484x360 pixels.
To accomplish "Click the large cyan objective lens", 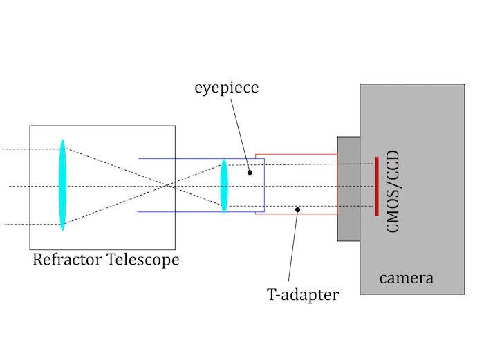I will coord(62,185).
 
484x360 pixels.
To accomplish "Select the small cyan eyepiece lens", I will coord(224,185).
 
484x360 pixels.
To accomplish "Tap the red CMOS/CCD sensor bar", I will coord(376,185).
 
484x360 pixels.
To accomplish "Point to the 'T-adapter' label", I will coord(303,295).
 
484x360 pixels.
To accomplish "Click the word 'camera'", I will coord(406,278).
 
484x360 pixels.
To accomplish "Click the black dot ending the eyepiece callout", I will coord(250,171).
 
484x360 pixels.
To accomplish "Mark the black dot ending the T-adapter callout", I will coord(297,209).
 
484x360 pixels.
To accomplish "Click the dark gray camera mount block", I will coord(348,188).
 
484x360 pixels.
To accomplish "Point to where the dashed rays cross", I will coord(166,185).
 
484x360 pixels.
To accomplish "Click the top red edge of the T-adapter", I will coord(297,154).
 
